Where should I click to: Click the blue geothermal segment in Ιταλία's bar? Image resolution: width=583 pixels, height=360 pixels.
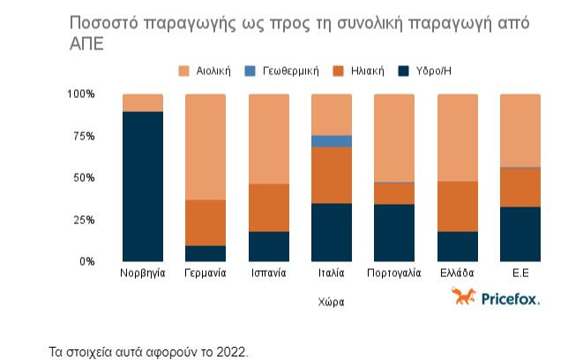coord(331,141)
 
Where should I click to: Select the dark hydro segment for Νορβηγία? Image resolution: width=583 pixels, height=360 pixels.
coord(142,186)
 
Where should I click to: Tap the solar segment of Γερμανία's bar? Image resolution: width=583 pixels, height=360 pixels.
coord(206,222)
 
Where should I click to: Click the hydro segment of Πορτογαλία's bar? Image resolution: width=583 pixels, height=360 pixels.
coord(394,233)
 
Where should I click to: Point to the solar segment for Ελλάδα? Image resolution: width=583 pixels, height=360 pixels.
coord(457,206)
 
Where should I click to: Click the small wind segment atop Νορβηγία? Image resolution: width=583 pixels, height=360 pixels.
coord(142,102)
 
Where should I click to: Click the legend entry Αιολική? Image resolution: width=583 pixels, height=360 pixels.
coord(207,71)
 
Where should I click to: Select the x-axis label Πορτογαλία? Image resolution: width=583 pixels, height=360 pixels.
coord(394,274)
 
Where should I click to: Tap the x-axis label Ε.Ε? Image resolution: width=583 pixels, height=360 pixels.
coord(519,274)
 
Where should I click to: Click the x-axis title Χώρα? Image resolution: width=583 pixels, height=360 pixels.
coord(331,302)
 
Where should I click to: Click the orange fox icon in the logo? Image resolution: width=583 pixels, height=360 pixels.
coord(463,297)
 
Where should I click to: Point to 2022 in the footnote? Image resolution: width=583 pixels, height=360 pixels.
coord(234,351)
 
